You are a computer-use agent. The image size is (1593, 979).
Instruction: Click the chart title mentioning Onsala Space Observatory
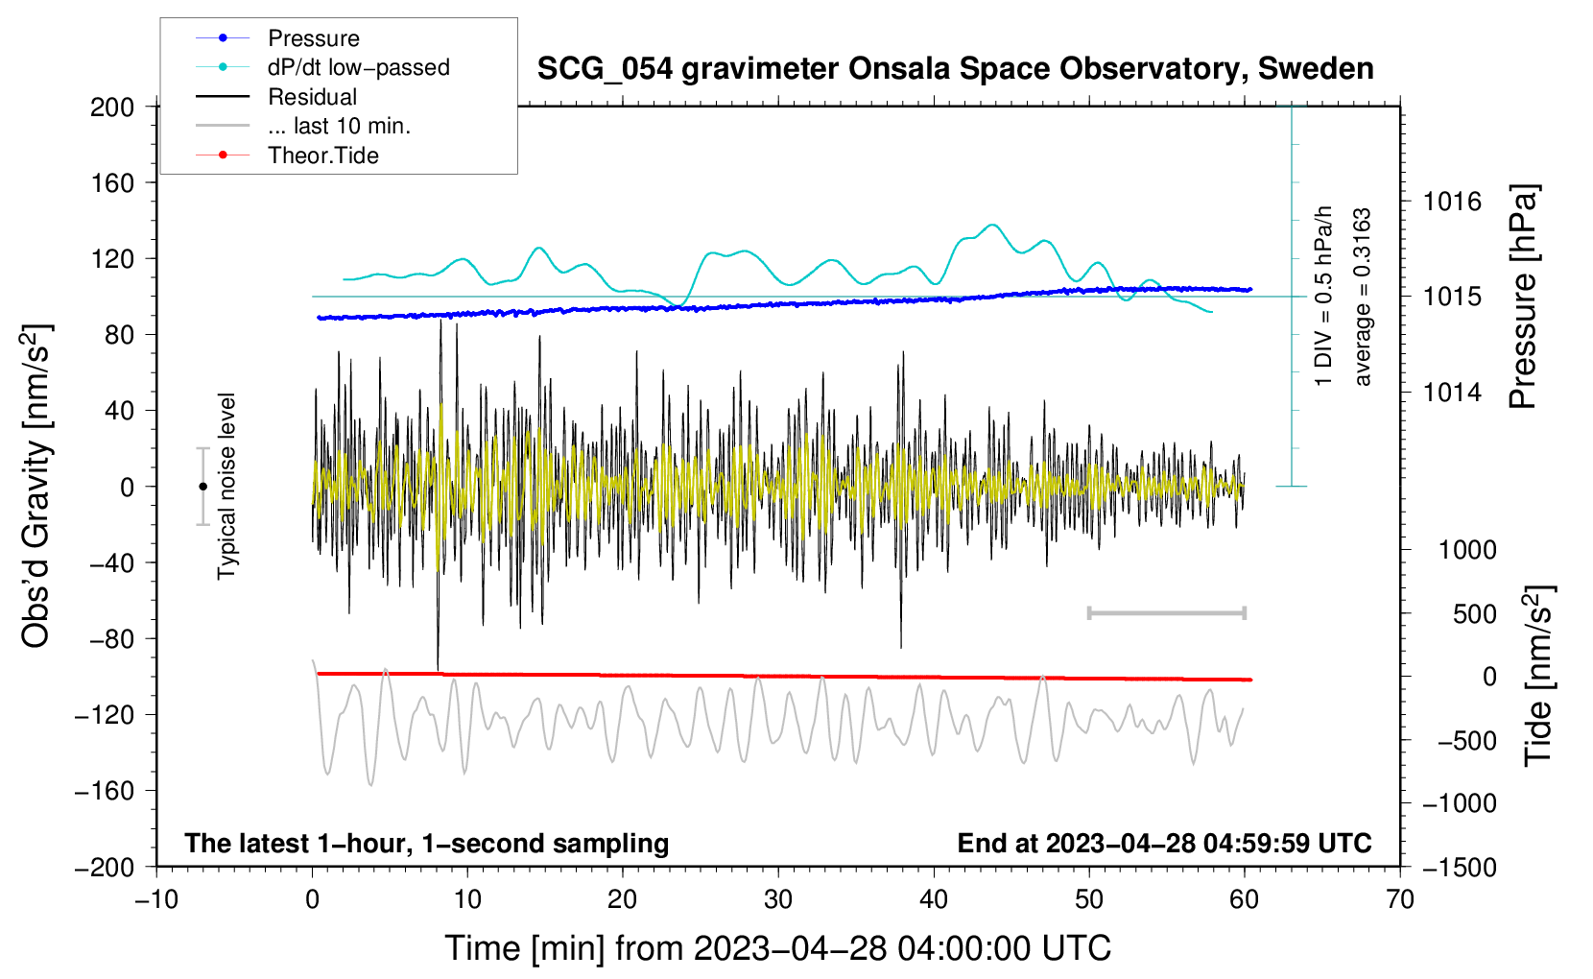coord(955,69)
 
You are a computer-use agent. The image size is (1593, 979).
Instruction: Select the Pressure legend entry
coord(278,37)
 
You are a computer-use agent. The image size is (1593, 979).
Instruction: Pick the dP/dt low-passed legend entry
coord(322,67)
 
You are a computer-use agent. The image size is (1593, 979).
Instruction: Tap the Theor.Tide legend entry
coord(287,155)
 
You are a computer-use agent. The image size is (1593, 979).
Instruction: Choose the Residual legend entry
coord(276,97)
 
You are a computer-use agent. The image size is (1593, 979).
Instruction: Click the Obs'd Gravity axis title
coord(37,487)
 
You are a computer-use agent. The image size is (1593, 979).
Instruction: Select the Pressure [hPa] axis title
coord(1523,298)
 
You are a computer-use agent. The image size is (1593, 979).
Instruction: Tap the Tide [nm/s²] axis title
coord(1539,676)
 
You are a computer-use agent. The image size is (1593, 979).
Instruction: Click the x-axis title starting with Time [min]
coord(778,948)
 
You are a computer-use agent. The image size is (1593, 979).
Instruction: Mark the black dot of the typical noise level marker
coord(202,487)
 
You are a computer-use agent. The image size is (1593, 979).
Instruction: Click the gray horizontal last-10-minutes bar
coord(1166,613)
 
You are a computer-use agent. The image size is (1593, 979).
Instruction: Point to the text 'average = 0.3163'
coord(1362,298)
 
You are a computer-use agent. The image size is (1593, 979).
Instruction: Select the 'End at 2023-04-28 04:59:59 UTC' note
coord(1164,843)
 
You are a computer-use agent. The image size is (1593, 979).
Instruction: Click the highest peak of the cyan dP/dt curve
coord(993,225)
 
